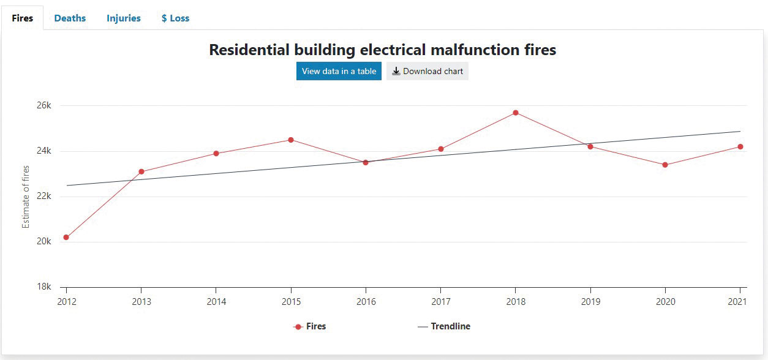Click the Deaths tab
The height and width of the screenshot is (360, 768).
click(x=70, y=18)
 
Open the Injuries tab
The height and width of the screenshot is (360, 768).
click(x=123, y=18)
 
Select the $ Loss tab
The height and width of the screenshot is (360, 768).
click(x=175, y=18)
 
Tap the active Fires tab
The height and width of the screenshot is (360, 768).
click(x=23, y=18)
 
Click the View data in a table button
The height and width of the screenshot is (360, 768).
click(x=339, y=71)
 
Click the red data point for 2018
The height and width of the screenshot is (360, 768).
click(x=516, y=113)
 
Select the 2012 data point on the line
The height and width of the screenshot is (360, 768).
click(x=66, y=238)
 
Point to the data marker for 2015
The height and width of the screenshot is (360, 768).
click(x=291, y=140)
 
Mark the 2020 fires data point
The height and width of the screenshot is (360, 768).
click(x=665, y=165)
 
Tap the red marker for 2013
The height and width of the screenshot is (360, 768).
click(x=141, y=171)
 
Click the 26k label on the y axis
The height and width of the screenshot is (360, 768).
click(x=44, y=105)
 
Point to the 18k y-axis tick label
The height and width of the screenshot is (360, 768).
click(x=44, y=287)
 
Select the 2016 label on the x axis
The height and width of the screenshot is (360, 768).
click(x=366, y=302)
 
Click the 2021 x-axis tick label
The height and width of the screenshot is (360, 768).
click(x=740, y=302)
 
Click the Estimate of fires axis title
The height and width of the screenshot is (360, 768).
click(x=26, y=196)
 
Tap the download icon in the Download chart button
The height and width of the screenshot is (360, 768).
click(x=396, y=71)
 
